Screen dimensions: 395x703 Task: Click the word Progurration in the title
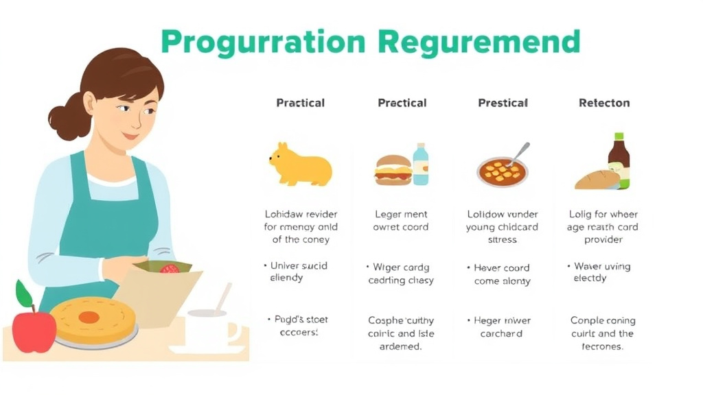(x=264, y=43)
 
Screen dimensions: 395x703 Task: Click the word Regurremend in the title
(x=479, y=43)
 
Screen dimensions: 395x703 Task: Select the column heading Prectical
(x=402, y=103)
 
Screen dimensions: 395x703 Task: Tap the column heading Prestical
(x=503, y=103)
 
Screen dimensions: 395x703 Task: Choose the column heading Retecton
(x=604, y=103)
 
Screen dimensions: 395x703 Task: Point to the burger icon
(x=393, y=170)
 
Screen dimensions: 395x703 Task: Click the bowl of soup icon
(x=502, y=171)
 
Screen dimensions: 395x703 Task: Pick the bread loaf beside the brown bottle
(x=597, y=180)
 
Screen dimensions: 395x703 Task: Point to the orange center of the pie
(x=89, y=318)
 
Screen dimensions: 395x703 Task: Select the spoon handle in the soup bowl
(x=520, y=153)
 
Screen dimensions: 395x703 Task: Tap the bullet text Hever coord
(x=502, y=268)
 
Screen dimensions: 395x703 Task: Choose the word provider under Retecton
(x=603, y=240)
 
